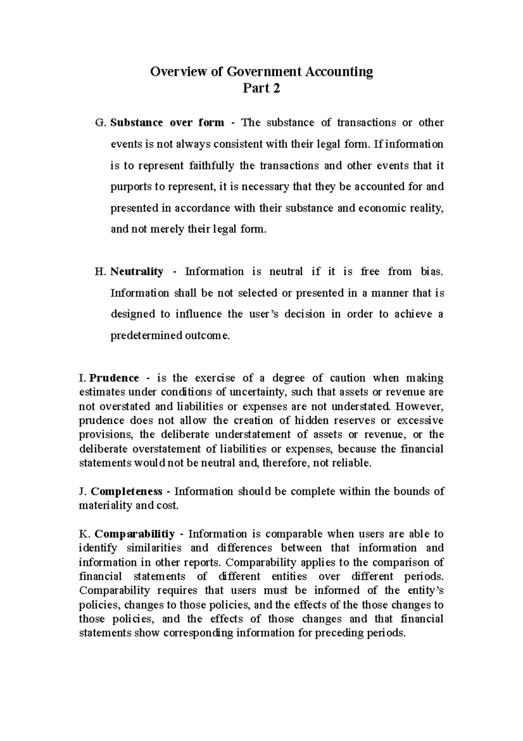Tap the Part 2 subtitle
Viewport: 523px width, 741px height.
point(261,88)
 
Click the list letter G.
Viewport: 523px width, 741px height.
point(99,123)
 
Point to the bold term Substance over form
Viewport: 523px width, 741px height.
point(167,123)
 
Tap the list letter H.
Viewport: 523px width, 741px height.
point(100,272)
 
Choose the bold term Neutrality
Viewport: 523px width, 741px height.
point(137,272)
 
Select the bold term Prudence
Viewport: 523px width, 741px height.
point(114,378)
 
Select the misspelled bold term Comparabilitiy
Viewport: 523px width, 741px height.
point(135,534)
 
